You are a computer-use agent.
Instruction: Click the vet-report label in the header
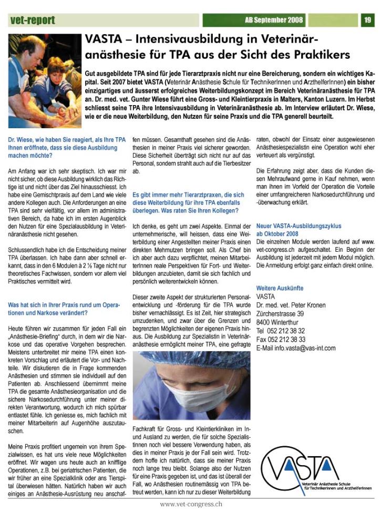point(32,20)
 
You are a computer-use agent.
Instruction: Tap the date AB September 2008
point(274,20)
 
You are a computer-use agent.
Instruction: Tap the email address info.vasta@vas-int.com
point(295,348)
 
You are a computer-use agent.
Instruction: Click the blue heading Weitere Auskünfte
point(280,288)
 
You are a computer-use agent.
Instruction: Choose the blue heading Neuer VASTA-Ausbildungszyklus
point(299,226)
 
